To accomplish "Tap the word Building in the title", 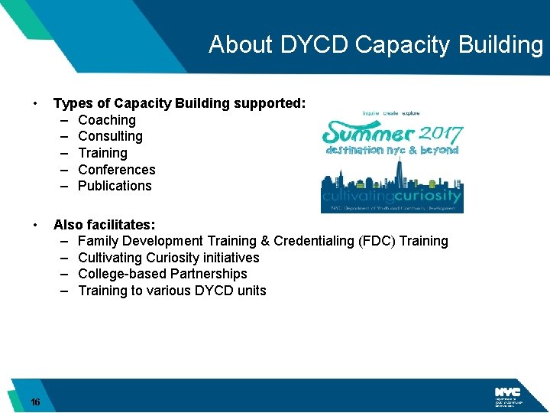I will [x=501, y=44].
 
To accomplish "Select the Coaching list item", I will [x=107, y=120].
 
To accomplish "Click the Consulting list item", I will [x=110, y=136].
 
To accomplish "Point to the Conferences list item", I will [x=116, y=170].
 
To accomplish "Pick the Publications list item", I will [x=115, y=186].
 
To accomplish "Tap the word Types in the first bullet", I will [x=72, y=103].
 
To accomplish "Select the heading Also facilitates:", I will [x=104, y=225].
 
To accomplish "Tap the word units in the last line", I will [x=251, y=291].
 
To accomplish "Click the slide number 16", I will [x=36, y=402].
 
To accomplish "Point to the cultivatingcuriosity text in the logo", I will [x=393, y=196].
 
